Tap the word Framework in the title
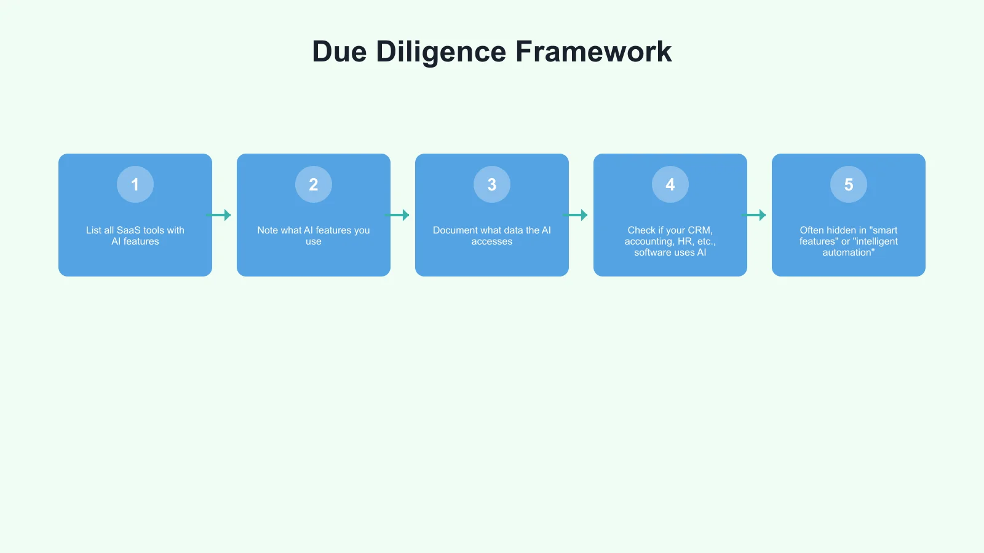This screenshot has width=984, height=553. [593, 52]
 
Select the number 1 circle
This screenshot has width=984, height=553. [135, 184]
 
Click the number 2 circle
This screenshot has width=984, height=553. [314, 184]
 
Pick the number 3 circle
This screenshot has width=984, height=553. [492, 184]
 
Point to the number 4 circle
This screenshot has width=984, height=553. [670, 184]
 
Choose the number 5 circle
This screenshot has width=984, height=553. [849, 184]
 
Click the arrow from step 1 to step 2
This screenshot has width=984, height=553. [219, 215]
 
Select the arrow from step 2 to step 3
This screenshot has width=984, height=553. [397, 215]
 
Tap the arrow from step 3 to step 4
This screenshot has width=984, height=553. [576, 215]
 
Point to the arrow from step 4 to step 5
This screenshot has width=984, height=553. [754, 215]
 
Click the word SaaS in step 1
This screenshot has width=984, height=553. [129, 230]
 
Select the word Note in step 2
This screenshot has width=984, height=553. [268, 230]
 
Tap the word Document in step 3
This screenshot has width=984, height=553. [456, 230]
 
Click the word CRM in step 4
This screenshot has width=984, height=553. [699, 230]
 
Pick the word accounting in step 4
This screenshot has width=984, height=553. [649, 241]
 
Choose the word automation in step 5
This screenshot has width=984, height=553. [847, 253]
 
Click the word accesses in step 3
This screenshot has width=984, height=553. [492, 241]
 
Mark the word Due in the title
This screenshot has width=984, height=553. [339, 52]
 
